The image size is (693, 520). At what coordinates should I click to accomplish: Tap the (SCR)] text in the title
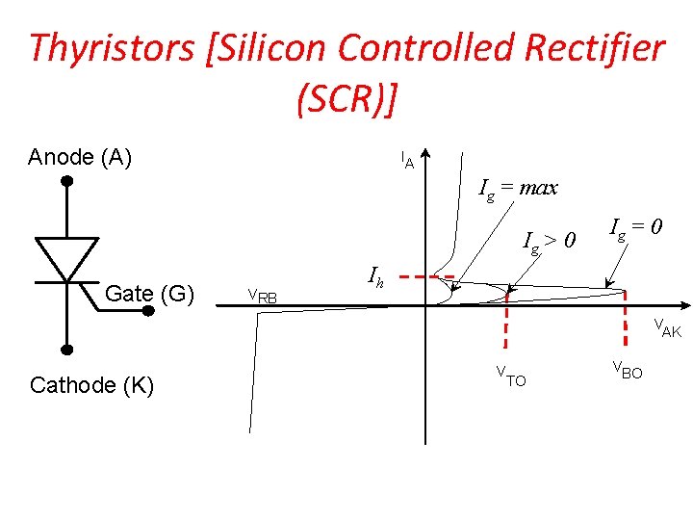pos(347,98)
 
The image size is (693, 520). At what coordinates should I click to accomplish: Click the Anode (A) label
pos(80,157)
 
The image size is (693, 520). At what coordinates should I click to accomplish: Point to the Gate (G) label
pos(149,293)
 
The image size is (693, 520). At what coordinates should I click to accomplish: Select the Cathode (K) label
pos(91,386)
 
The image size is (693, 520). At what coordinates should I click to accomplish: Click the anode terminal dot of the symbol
pos(66,181)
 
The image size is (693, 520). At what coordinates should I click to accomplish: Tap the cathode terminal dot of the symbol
pos(66,350)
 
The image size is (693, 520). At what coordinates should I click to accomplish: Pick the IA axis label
pos(407,160)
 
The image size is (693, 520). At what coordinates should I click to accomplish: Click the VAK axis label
pos(667,328)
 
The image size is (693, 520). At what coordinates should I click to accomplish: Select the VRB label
pos(263,296)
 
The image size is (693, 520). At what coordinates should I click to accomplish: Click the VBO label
pos(627,370)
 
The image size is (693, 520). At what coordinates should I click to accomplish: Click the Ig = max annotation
pos(518,189)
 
